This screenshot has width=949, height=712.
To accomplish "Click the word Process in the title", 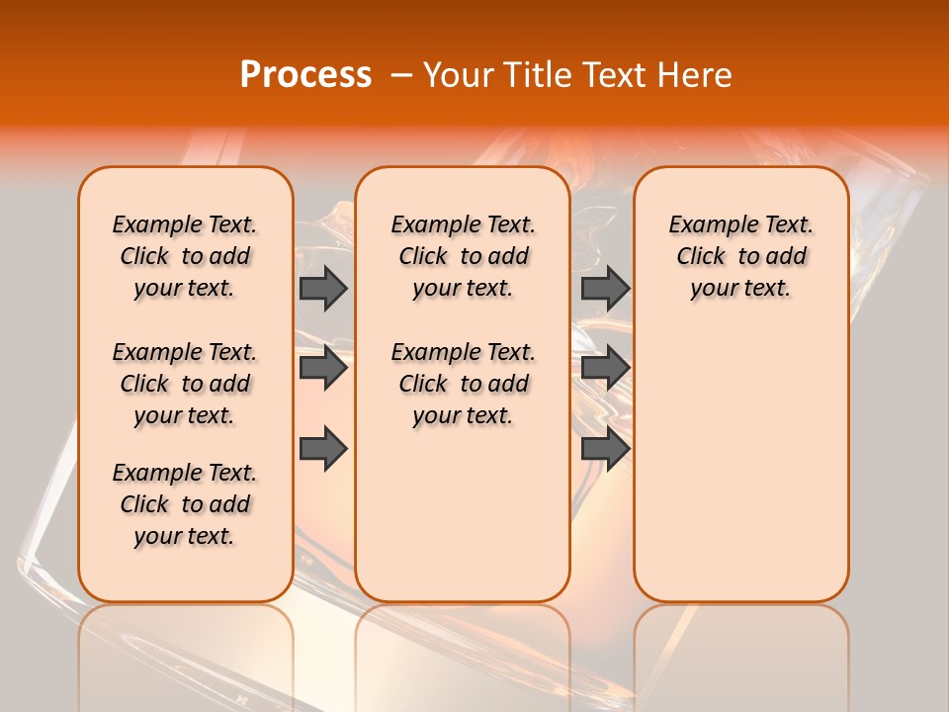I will coord(305,75).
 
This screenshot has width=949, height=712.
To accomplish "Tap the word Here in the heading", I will coord(691,75).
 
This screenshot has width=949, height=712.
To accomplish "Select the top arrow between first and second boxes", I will coord(322,288).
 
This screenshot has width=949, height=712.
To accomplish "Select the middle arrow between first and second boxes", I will coord(322,369).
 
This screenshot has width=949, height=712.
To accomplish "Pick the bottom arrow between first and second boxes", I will coord(322,449).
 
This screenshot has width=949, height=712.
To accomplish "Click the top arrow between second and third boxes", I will coord(605,288).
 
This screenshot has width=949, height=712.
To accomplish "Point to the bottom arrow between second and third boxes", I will coord(605,449).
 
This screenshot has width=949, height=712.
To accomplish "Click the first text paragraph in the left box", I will coord(185,256).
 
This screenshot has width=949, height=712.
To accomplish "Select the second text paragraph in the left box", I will coord(185,384).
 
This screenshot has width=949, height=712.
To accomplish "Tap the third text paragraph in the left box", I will coord(185,504).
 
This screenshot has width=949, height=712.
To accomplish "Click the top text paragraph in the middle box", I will coord(463,256).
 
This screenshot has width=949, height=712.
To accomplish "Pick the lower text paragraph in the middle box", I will coord(463,384).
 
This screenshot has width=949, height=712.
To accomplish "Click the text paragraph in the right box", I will coord(740,256).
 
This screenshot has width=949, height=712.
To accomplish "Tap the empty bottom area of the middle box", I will coord(463,524).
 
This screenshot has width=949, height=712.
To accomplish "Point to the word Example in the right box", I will coord(705,225).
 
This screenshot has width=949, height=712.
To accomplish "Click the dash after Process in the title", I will coord(401,75).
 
